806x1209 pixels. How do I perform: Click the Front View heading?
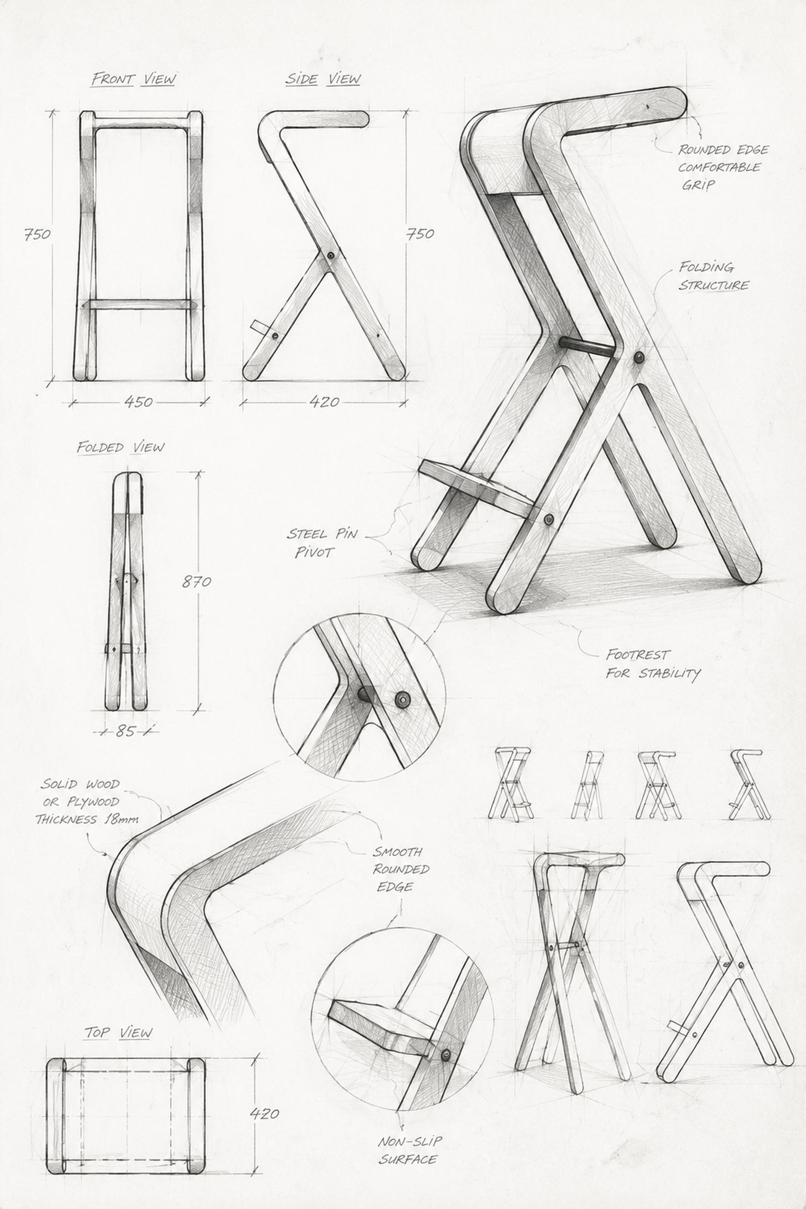pos(134,79)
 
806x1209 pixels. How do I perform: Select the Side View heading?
pos(323,79)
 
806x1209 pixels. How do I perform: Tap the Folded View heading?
pos(121,447)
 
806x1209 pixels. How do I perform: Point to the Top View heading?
pos(119,1032)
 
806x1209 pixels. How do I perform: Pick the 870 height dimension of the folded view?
pos(196,581)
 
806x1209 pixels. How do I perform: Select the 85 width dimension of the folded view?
pos(125,730)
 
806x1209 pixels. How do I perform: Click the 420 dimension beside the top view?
pos(264,1114)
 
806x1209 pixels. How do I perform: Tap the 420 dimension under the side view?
pos(325,402)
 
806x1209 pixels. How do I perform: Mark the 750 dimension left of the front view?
pos(37,234)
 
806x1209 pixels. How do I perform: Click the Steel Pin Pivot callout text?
pos(322,543)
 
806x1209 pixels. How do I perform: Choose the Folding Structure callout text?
pos(713,276)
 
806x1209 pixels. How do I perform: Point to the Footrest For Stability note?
pos(653,664)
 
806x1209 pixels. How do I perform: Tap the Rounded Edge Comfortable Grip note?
pos(723,167)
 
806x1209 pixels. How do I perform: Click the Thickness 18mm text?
pos(87,819)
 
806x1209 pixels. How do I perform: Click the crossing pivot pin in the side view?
pos(329,255)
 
